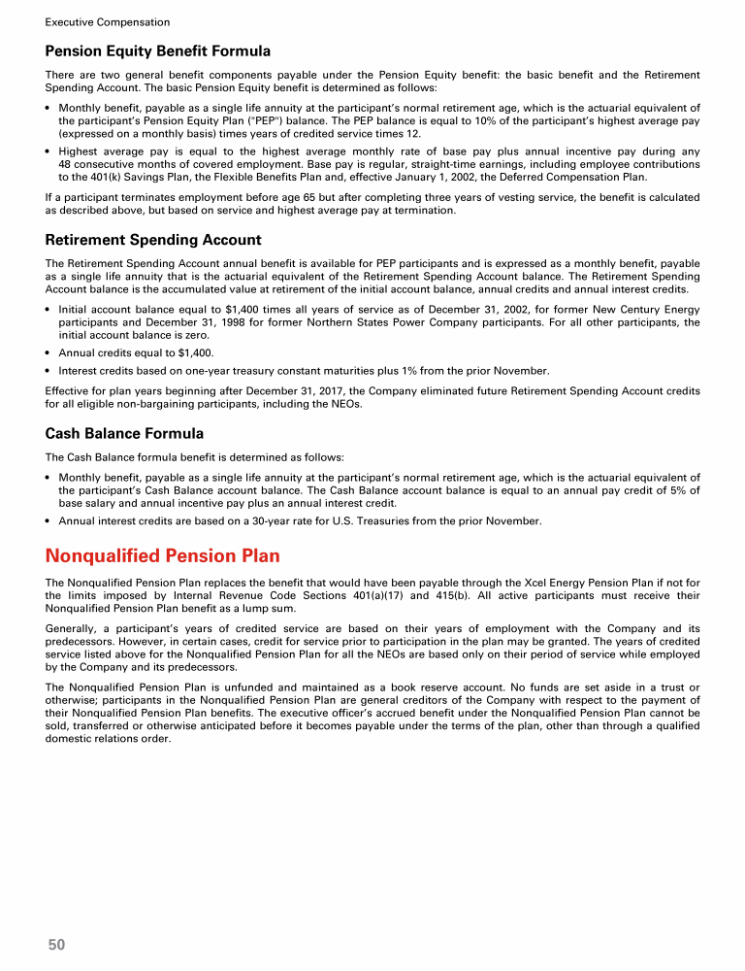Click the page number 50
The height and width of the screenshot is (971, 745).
pyautogui.click(x=56, y=944)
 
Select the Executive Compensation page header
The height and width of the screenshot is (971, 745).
pyautogui.click(x=107, y=21)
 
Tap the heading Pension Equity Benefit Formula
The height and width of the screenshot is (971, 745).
pyautogui.click(x=157, y=50)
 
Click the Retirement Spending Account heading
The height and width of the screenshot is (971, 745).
pyautogui.click(x=153, y=240)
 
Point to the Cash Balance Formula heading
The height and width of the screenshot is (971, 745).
pyautogui.click(x=124, y=433)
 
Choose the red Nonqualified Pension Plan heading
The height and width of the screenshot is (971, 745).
pyautogui.click(x=163, y=556)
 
